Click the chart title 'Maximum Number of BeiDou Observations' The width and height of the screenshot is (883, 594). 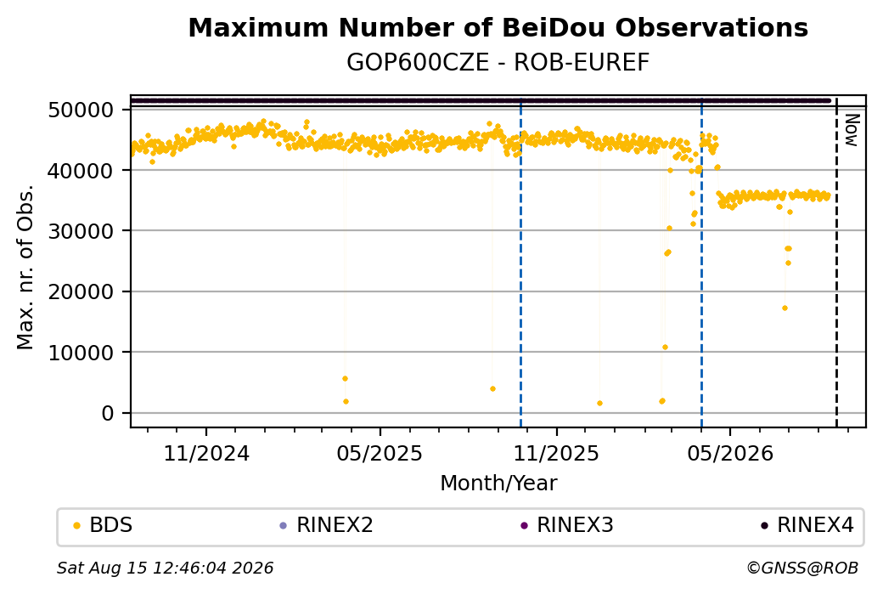[x=498, y=27]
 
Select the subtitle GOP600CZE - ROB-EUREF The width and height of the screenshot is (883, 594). [x=498, y=62]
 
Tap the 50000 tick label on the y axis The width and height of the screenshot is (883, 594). [x=82, y=110]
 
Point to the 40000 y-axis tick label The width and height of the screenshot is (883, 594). [x=82, y=170]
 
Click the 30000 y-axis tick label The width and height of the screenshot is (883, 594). [x=82, y=231]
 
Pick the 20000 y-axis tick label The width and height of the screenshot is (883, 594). [x=82, y=292]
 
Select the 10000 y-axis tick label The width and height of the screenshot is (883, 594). [x=82, y=353]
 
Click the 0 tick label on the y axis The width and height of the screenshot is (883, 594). [x=108, y=413]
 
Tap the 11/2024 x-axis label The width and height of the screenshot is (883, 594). [x=206, y=453]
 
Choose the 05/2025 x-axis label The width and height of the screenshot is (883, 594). [x=380, y=453]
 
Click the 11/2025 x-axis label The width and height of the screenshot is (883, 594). [x=556, y=453]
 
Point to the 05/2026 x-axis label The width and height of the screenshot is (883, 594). [x=730, y=453]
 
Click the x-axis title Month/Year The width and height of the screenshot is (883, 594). [x=498, y=484]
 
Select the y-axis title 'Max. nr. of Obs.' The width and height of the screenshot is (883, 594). [x=25, y=267]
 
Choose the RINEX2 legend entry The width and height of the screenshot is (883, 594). [x=327, y=525]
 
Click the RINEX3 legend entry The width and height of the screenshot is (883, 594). [x=567, y=525]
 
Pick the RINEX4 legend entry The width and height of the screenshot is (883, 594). [x=807, y=525]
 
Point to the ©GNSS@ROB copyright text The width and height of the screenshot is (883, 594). [x=802, y=568]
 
